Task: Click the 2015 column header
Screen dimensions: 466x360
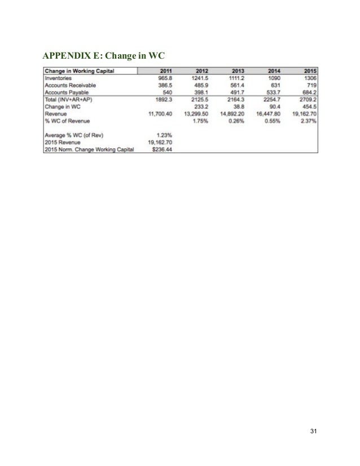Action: pos(310,71)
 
